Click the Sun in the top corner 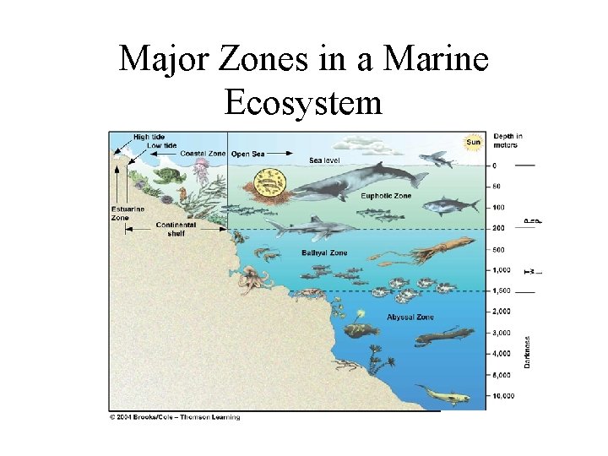[472, 142]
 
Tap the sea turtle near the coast [167, 176]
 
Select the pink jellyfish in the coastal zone [201, 173]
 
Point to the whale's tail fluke [417, 177]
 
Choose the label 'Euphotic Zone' [386, 196]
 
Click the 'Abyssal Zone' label [410, 317]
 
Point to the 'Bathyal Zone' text [324, 252]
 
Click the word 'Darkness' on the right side [528, 351]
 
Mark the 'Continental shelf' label [176, 228]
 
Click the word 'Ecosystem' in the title [303, 102]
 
